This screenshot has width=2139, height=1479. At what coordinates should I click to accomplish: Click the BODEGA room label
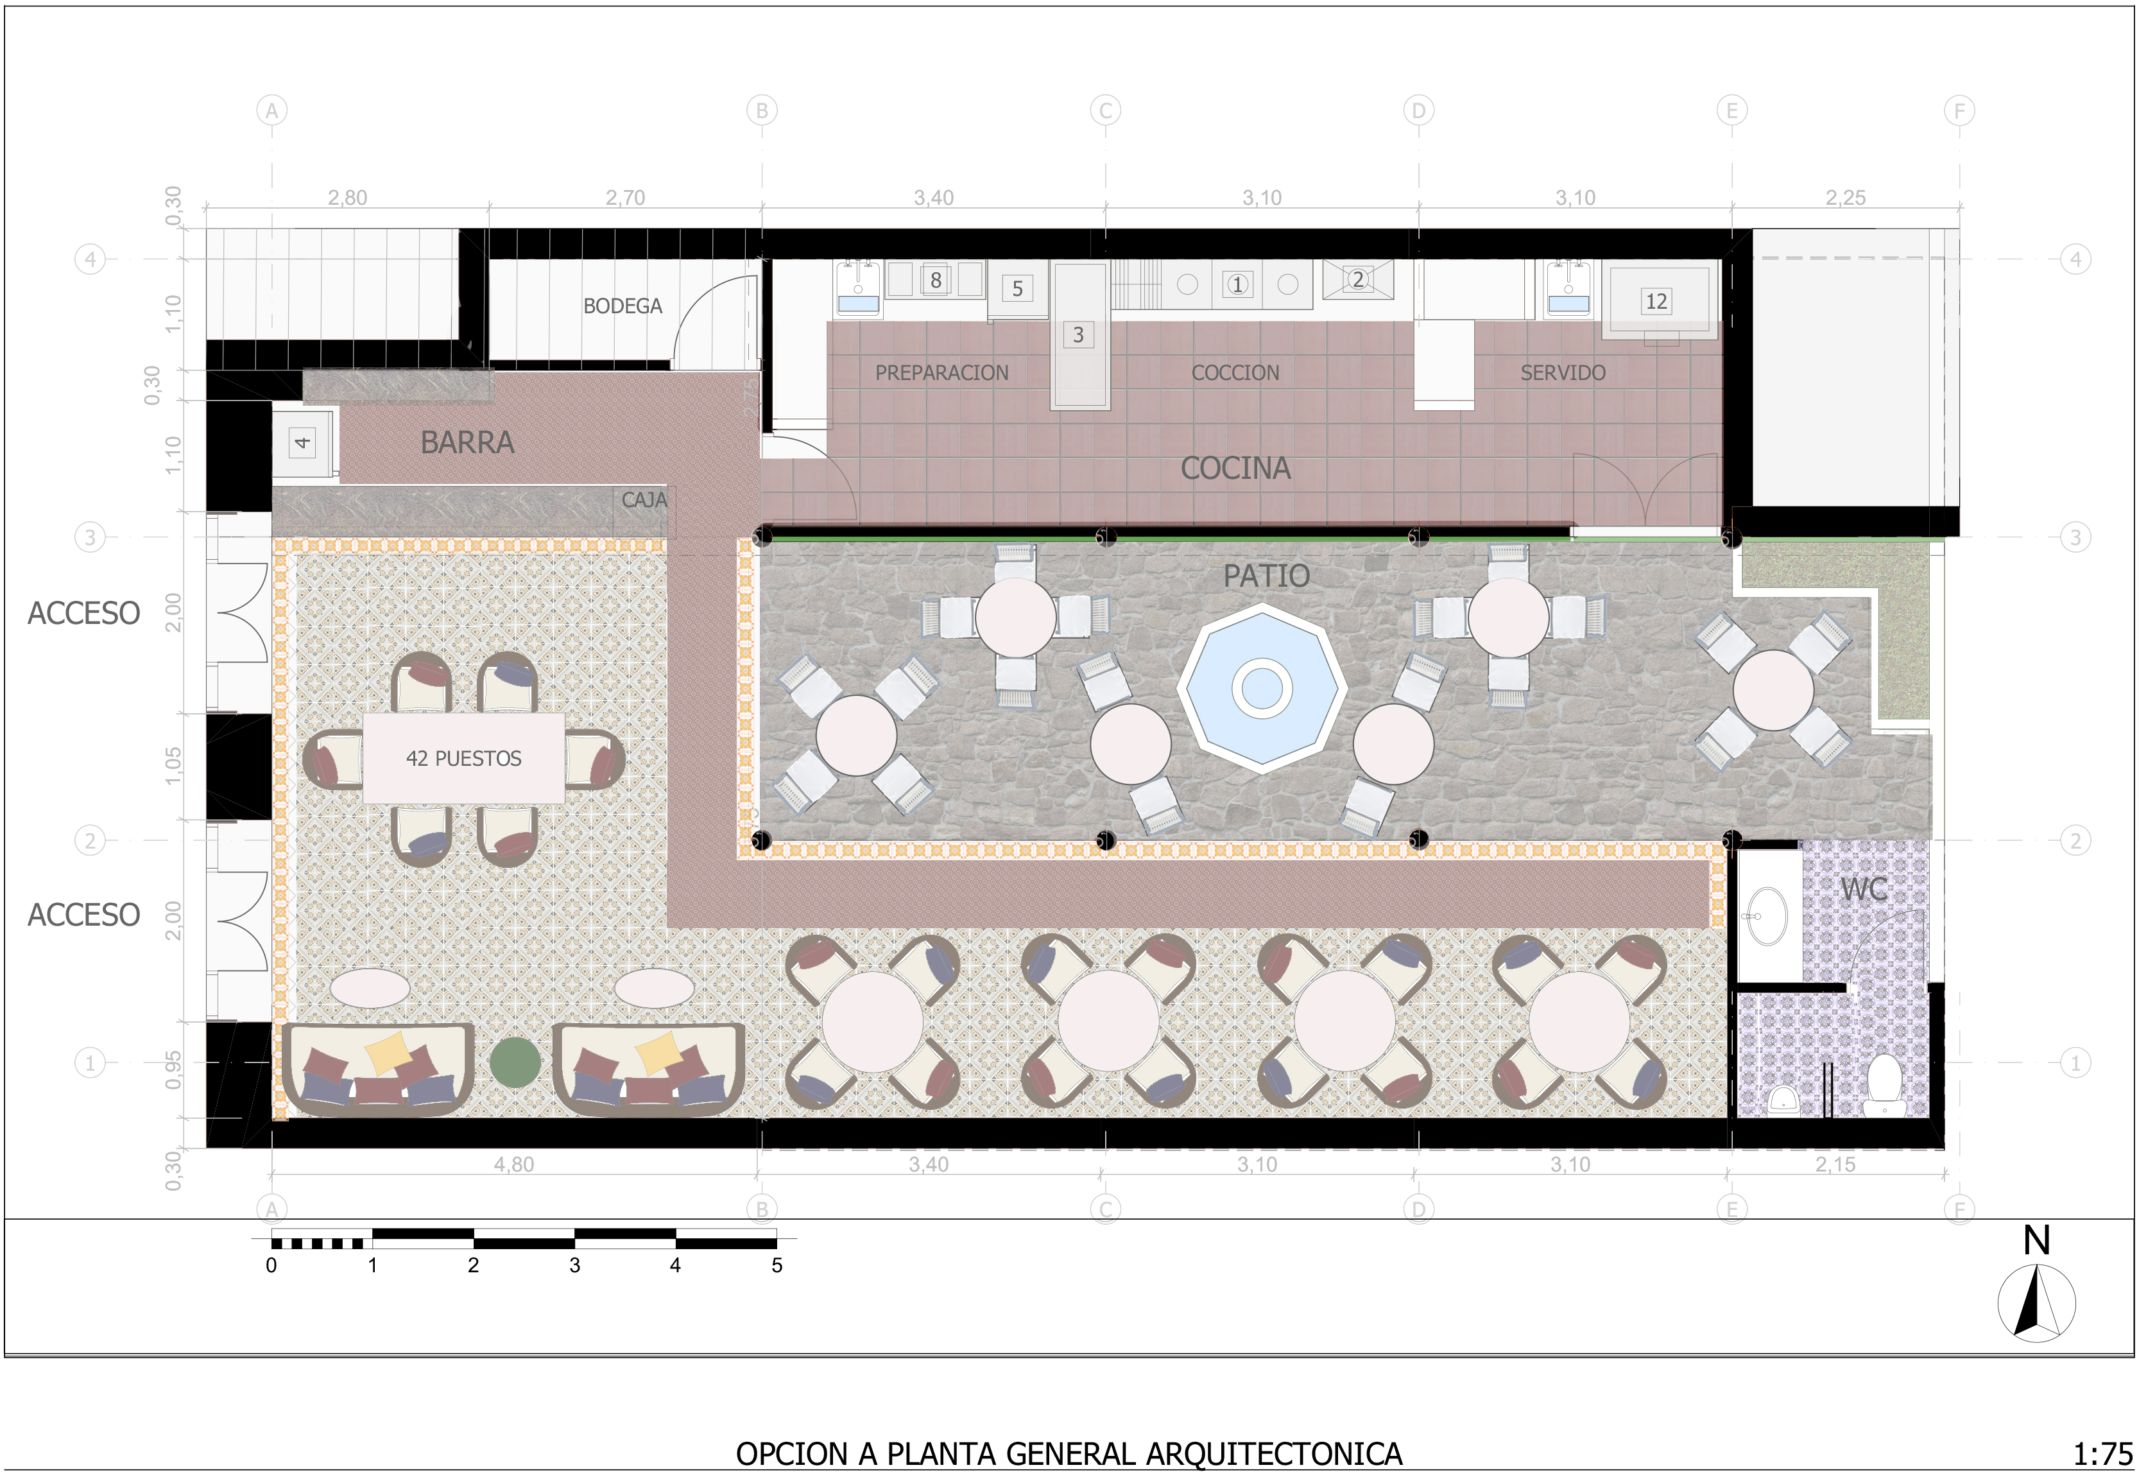coord(622,306)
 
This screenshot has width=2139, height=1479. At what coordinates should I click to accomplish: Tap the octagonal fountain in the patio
coord(1261,687)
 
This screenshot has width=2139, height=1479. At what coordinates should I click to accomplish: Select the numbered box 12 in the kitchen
coord(1656,301)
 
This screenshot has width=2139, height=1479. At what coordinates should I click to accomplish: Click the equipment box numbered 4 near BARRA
coord(302,443)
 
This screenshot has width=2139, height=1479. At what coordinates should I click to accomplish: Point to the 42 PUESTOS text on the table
coord(463,758)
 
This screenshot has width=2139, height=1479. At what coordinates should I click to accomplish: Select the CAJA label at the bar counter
coord(644,501)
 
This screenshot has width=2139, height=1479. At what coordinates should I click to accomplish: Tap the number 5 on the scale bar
coord(777,1266)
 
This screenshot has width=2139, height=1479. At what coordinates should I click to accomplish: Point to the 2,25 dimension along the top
coord(1844,197)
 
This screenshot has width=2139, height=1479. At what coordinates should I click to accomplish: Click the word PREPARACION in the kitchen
coord(941,372)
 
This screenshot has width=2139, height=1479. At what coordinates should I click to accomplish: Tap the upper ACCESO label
coord(83,614)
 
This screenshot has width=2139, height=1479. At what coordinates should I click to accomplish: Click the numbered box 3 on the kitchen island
coord(1078,334)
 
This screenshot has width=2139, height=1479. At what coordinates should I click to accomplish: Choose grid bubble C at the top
coord(1104,111)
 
